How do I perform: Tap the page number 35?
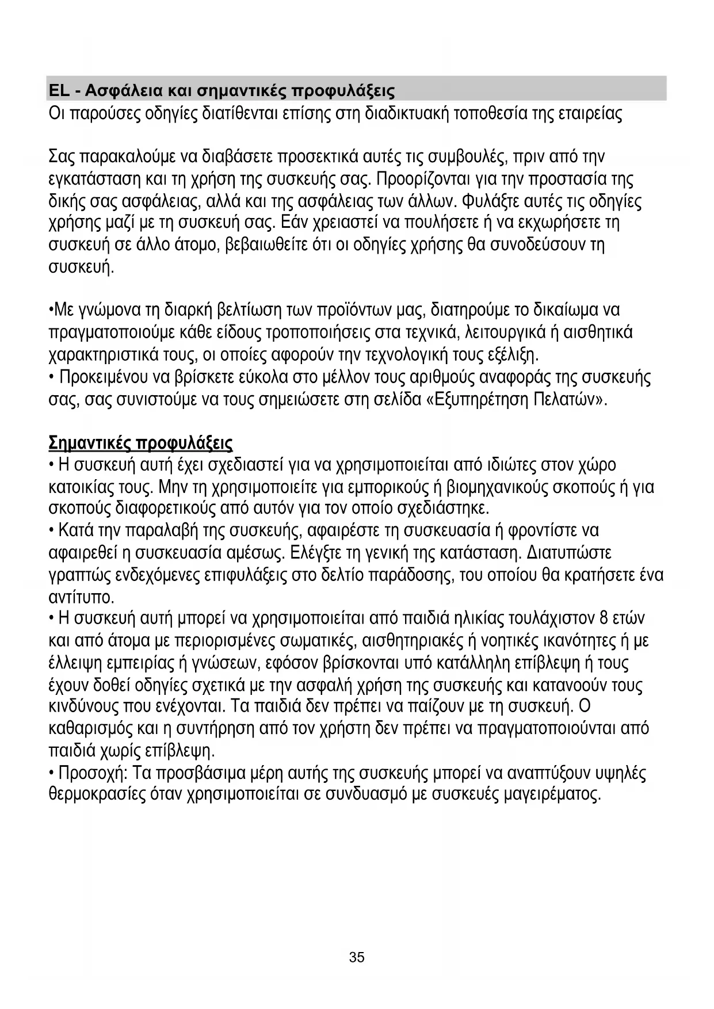coord(357,958)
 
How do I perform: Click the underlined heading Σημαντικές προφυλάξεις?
coord(140,444)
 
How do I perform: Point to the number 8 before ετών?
coord(604,618)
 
